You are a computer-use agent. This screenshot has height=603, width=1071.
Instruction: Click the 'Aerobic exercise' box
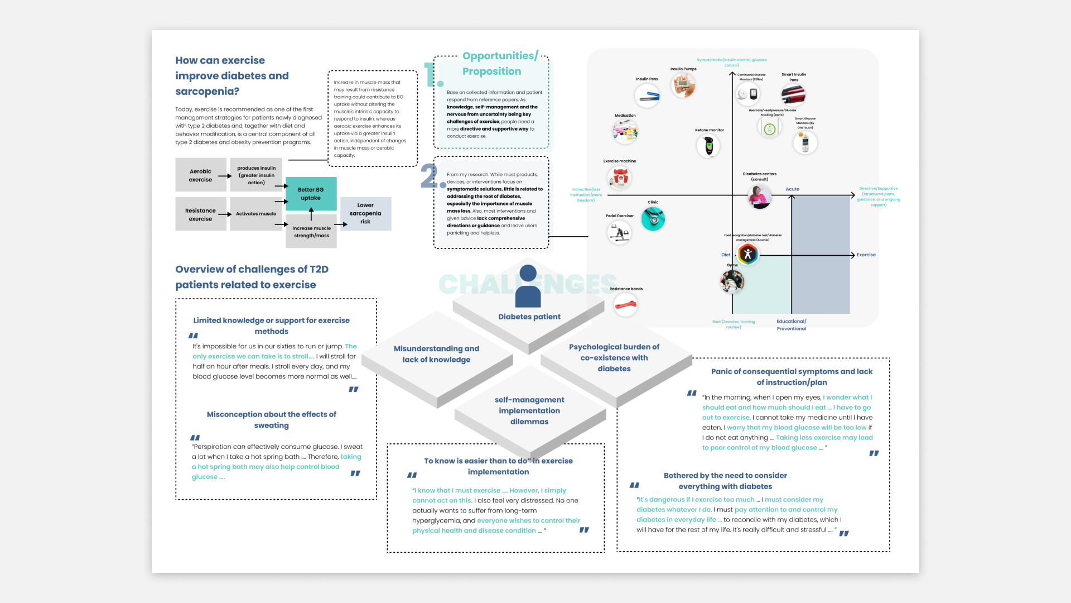click(x=200, y=175)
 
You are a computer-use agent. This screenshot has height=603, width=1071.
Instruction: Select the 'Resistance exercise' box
click(x=200, y=214)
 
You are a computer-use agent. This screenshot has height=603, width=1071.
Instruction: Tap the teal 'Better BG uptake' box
click(x=311, y=194)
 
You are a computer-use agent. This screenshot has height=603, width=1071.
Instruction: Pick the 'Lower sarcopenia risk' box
click(x=365, y=213)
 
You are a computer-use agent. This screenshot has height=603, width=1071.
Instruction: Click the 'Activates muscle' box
click(x=255, y=214)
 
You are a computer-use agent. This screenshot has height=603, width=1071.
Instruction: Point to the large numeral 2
click(x=431, y=176)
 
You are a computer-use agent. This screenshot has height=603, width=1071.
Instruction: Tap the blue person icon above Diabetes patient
click(x=528, y=286)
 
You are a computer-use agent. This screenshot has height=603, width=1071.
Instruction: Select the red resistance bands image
click(x=625, y=305)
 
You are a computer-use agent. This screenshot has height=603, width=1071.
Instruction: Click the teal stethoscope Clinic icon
click(x=653, y=219)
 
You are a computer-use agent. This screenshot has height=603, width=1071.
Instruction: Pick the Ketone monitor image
click(x=708, y=146)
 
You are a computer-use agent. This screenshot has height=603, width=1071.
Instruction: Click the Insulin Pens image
click(x=647, y=96)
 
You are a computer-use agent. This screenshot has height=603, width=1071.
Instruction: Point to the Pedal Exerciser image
click(x=619, y=232)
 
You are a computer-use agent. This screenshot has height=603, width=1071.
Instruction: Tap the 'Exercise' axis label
click(x=866, y=255)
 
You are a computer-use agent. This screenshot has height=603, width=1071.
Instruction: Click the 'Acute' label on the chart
click(x=792, y=189)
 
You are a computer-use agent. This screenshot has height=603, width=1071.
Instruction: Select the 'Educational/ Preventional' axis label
click(x=791, y=325)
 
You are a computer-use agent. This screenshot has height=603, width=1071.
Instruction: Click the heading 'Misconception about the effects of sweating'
click(x=271, y=420)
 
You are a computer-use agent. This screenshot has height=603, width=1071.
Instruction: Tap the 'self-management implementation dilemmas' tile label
click(x=529, y=410)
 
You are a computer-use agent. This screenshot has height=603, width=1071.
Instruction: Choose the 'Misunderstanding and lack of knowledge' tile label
click(x=436, y=354)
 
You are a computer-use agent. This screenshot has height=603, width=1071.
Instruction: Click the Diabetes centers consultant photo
click(x=759, y=197)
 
